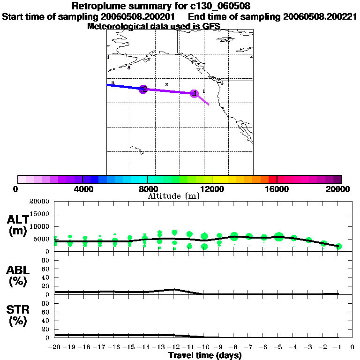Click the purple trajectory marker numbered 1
(194, 93)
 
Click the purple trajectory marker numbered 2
(143, 89)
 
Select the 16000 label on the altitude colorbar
(277, 189)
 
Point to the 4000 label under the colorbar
(82, 189)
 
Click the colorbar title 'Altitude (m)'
(173, 196)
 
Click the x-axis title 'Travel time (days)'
(205, 355)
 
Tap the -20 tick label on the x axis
(55, 347)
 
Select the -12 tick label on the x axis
(174, 347)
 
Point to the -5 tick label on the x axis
(278, 347)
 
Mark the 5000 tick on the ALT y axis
(42, 239)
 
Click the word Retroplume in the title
(98, 6)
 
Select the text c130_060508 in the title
(216, 6)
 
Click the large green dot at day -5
(279, 237)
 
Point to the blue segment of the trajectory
(124, 87)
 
